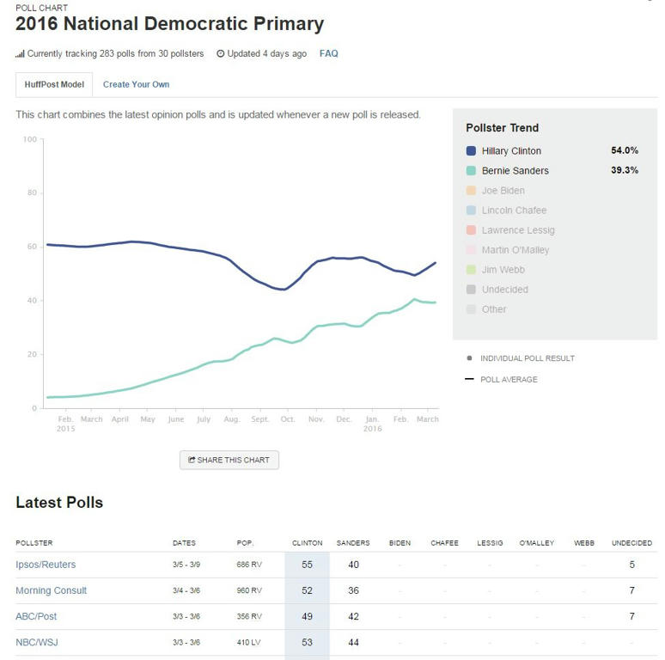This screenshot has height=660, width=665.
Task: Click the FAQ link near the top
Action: (x=328, y=53)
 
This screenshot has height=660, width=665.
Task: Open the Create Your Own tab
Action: (x=136, y=84)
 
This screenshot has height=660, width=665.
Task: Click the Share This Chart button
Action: (x=229, y=460)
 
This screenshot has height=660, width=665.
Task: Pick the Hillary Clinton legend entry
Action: (x=511, y=151)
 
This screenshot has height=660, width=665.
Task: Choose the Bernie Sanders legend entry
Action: (x=515, y=171)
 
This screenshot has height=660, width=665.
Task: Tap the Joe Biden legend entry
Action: (x=503, y=191)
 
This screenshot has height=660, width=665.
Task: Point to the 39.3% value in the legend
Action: (x=624, y=170)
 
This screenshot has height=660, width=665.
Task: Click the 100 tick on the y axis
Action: (x=29, y=139)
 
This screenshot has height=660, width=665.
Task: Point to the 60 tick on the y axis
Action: (x=32, y=247)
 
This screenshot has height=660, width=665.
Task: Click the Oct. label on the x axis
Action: (x=287, y=419)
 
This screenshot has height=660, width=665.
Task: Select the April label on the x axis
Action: (x=119, y=419)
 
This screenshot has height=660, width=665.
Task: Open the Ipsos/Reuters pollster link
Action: (x=46, y=565)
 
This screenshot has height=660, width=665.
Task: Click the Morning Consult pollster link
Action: (x=51, y=590)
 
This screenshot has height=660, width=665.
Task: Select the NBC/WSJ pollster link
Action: (x=37, y=642)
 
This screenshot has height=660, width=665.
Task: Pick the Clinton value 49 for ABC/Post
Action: (x=307, y=616)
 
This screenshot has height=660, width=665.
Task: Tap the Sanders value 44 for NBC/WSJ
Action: (x=353, y=642)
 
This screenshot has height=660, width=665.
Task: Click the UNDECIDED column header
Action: (x=631, y=543)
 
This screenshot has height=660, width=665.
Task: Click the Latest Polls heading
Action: (x=59, y=503)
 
